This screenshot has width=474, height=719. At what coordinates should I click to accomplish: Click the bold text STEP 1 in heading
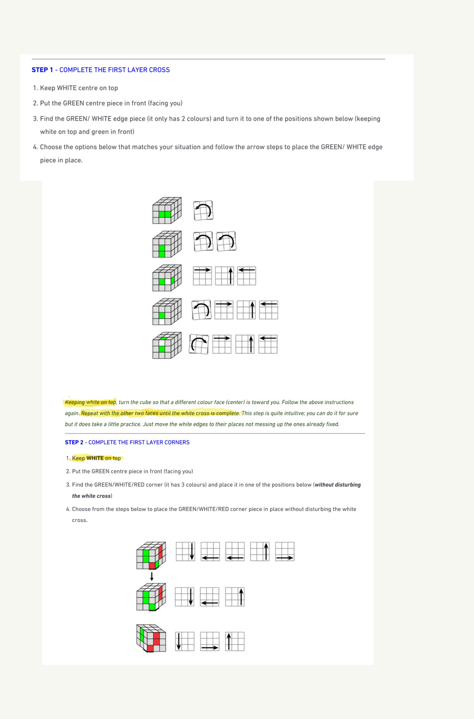coord(42,70)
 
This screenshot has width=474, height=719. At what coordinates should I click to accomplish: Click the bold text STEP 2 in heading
coord(74,442)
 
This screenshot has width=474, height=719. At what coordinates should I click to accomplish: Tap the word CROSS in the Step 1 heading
coord(159,70)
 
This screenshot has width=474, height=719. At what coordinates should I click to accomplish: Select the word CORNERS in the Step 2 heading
coord(177,442)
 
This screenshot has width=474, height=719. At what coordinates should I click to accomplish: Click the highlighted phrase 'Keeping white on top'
coord(90,402)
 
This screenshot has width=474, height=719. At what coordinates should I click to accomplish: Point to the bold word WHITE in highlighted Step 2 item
coord(95,458)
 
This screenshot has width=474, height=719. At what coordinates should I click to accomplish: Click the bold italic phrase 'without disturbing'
coord(338,484)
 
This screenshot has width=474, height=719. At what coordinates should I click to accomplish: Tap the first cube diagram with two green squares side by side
coord(167,210)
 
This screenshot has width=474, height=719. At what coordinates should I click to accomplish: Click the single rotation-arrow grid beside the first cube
coord(203,210)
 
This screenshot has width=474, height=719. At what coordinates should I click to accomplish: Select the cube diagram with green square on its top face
coord(167,345)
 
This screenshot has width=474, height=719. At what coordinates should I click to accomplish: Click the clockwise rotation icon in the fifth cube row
coord(199,344)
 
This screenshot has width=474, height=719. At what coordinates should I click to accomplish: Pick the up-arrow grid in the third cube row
coord(224,276)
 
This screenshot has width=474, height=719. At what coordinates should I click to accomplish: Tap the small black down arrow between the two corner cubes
coord(151,576)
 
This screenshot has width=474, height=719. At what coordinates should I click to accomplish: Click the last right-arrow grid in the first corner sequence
coord(285,552)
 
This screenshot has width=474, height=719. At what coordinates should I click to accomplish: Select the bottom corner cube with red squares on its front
coord(151,638)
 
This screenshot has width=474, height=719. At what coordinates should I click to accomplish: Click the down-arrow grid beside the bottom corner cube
coord(185,641)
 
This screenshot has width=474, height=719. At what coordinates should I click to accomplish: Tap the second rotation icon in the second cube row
coord(226,242)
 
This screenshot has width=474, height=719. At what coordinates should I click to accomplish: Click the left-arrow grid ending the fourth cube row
coord(269,310)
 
